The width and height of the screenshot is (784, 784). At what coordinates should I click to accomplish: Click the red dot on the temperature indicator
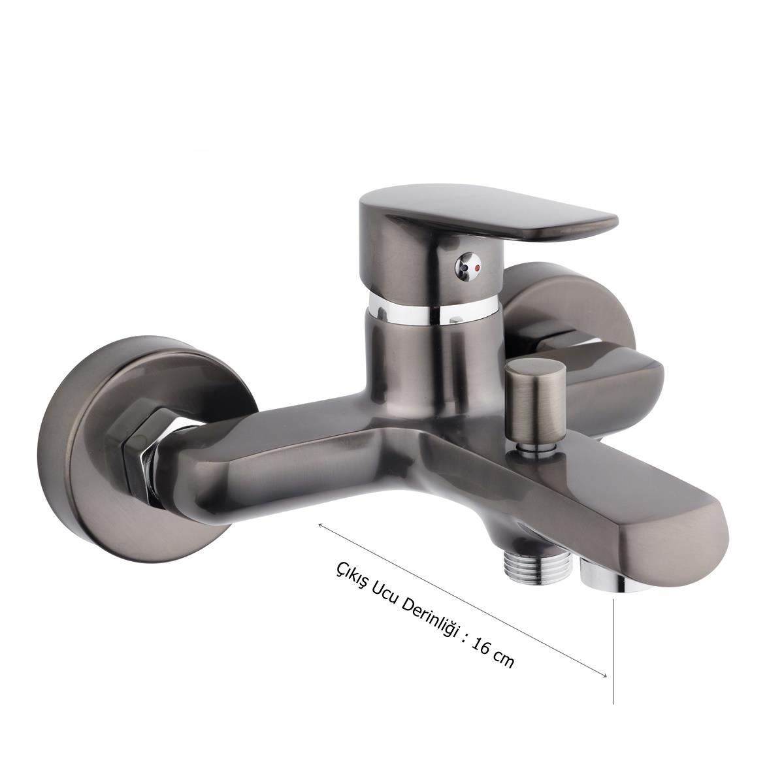click(478, 268)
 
